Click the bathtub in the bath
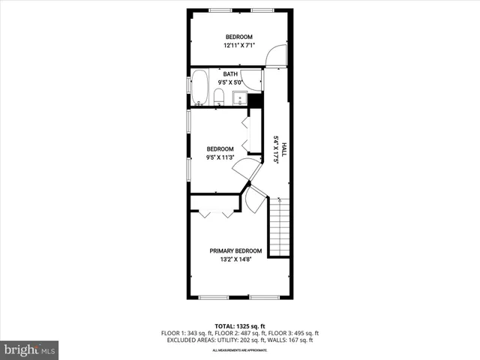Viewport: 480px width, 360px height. coord(199,88)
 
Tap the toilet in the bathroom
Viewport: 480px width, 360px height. coord(217,96)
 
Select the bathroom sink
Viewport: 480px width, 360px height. coord(241,97)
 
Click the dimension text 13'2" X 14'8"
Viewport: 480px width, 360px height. coord(235,260)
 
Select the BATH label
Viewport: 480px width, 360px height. coord(229,74)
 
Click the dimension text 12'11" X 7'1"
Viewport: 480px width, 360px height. coord(239,46)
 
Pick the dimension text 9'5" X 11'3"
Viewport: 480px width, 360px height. coord(220,157)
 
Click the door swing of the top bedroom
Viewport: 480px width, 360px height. coord(275,55)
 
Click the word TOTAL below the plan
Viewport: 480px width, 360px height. coord(225,326)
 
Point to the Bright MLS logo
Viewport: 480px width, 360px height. coord(30,349)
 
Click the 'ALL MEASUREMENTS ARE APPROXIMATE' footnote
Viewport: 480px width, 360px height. coord(239,350)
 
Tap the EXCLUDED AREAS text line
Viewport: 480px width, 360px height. coord(239,340)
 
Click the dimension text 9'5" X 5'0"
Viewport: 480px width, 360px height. coord(229,82)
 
